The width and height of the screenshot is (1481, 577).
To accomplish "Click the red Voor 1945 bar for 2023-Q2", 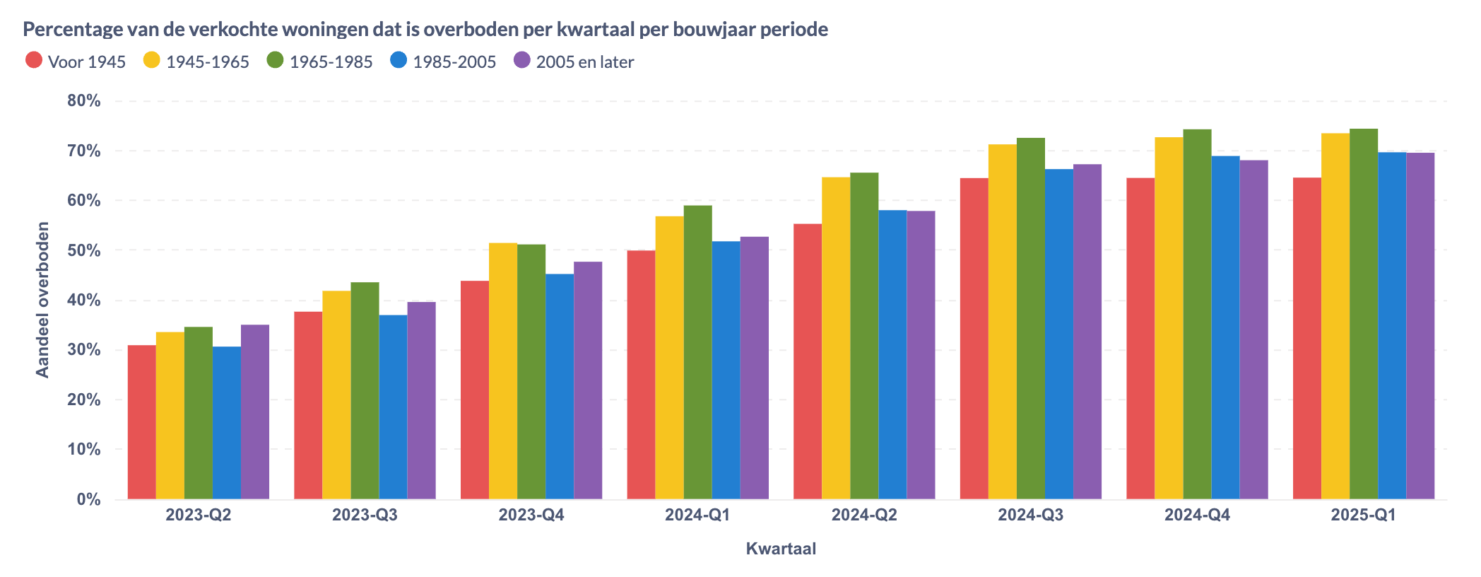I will pyautogui.click(x=141, y=422).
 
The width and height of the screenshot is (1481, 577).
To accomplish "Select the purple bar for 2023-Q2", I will pyautogui.click(x=255, y=412).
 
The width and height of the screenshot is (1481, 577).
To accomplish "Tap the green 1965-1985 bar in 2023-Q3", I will pyautogui.click(x=365, y=390).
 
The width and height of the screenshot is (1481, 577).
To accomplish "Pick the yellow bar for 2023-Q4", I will pyautogui.click(x=503, y=371).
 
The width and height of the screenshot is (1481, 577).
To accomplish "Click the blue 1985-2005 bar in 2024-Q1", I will pyautogui.click(x=726, y=370).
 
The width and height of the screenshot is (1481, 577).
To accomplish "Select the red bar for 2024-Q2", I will pyautogui.click(x=808, y=361).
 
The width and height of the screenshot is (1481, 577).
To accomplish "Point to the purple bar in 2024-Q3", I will pyautogui.click(x=1087, y=332).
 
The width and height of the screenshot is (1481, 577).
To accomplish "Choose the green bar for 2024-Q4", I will pyautogui.click(x=1197, y=314).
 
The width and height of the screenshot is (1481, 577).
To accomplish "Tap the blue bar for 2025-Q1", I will pyautogui.click(x=1392, y=325).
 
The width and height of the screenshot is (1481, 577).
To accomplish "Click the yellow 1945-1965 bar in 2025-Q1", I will pyautogui.click(x=1335, y=316).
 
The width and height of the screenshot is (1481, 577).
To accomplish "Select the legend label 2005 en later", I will pyautogui.click(x=584, y=62).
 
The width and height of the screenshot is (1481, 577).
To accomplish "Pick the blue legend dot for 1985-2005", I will pyautogui.click(x=399, y=61).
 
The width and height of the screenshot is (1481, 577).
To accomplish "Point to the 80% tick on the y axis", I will pyautogui.click(x=84, y=101).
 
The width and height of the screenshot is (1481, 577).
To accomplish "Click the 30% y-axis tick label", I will pyautogui.click(x=84, y=350).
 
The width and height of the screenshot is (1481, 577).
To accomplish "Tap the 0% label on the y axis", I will pyautogui.click(x=88, y=500).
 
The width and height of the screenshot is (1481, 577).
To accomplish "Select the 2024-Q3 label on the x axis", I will pyautogui.click(x=1030, y=515).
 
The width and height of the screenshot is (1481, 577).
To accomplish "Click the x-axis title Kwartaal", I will pyautogui.click(x=781, y=549).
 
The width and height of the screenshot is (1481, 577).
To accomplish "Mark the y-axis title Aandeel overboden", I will pyautogui.click(x=42, y=300).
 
